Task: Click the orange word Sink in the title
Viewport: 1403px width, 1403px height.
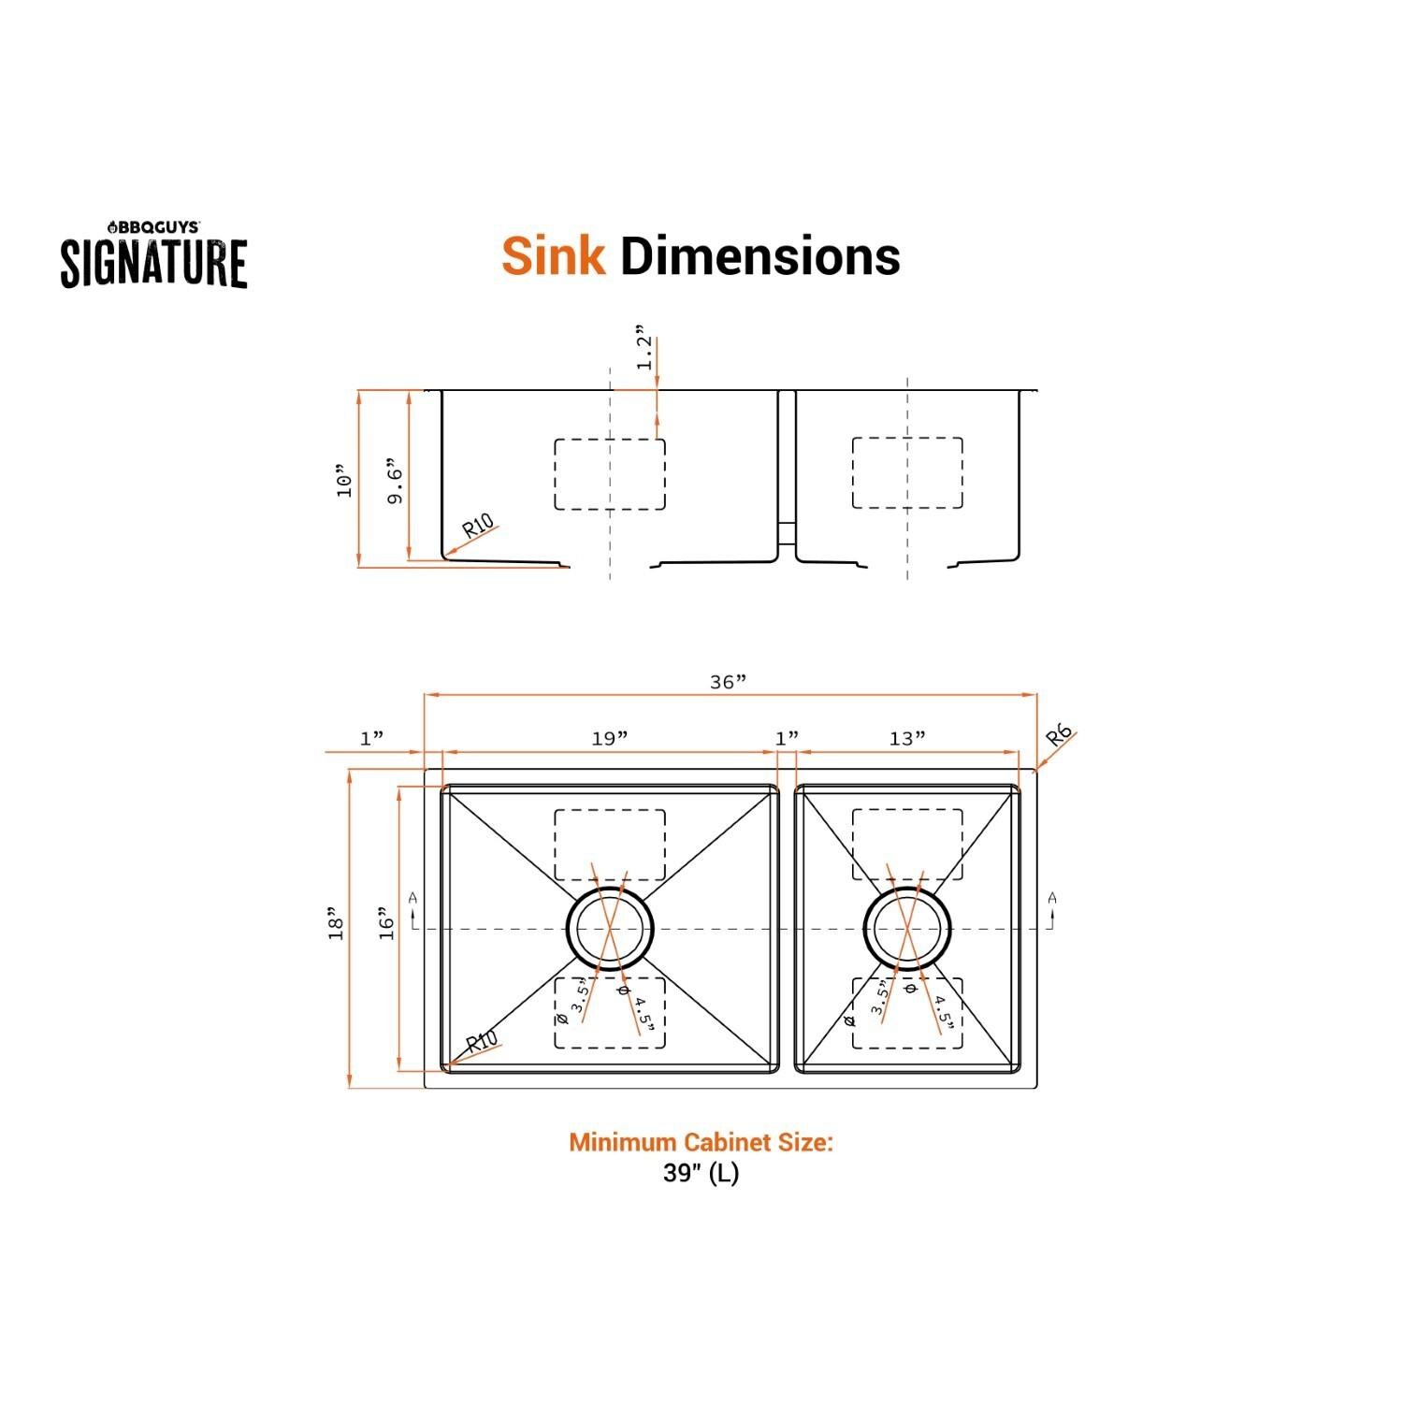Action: point(553,255)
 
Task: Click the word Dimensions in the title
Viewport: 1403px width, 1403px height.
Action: point(759,255)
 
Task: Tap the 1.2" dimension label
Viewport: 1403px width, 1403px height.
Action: point(644,348)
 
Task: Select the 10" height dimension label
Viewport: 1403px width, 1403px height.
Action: point(345,480)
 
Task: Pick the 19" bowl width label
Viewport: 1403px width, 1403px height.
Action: point(609,739)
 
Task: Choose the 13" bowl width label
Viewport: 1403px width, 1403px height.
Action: point(906,739)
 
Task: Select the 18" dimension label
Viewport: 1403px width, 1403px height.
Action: point(337,923)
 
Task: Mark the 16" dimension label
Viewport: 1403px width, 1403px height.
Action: point(387,923)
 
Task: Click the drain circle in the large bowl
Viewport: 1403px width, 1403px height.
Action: point(610,929)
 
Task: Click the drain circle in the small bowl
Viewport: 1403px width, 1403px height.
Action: point(907,929)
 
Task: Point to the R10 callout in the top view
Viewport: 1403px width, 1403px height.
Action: point(481,1042)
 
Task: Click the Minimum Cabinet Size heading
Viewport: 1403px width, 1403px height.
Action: point(701,1142)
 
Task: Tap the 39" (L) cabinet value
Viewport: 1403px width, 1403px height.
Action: point(701,1173)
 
